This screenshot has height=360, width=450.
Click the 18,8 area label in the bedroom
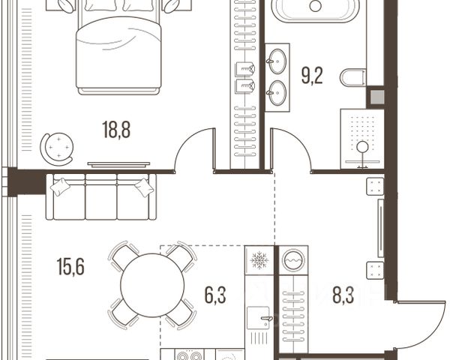click(116, 130)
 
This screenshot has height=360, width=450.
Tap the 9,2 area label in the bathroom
click(312, 76)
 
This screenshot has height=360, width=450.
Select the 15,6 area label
click(70, 267)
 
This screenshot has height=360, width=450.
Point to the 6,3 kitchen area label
click(215, 295)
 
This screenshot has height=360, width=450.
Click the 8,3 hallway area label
click(343, 295)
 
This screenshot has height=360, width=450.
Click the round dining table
click(152, 285)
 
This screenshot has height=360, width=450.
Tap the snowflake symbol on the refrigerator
click(259, 260)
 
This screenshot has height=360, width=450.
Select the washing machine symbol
click(293, 260)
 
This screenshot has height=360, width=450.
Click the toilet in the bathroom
click(353, 77)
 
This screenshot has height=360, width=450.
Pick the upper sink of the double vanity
click(277, 61)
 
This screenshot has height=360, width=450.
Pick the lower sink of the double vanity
click(277, 93)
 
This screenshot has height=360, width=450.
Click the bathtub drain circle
click(316, 6)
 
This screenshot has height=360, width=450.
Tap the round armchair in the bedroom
click(57, 149)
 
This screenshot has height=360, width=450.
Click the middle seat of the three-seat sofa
click(101, 196)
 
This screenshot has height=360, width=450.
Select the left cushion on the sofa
click(60, 187)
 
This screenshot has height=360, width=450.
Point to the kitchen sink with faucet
click(258, 318)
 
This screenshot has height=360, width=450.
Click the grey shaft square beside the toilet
click(377, 97)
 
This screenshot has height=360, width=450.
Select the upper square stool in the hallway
click(375, 187)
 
